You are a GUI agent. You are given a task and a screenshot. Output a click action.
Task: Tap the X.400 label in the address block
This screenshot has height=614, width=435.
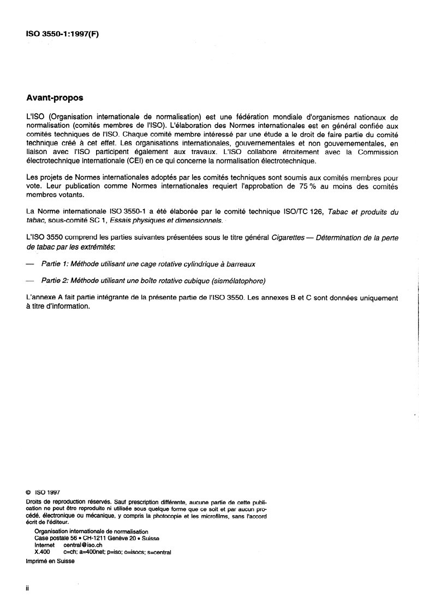pos(43,552)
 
